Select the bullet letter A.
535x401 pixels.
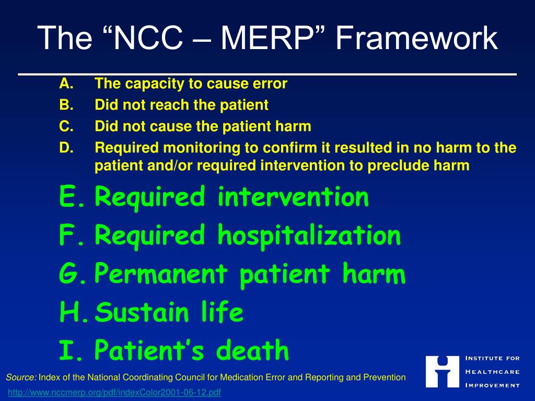65,84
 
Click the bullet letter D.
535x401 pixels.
65,148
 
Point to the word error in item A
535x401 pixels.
270,84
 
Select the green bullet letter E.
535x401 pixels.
68,197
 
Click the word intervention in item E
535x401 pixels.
293,197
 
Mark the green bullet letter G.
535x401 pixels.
70,274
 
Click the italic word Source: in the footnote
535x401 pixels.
21,377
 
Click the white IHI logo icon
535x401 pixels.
442,372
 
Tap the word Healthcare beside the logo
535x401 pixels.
492,372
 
